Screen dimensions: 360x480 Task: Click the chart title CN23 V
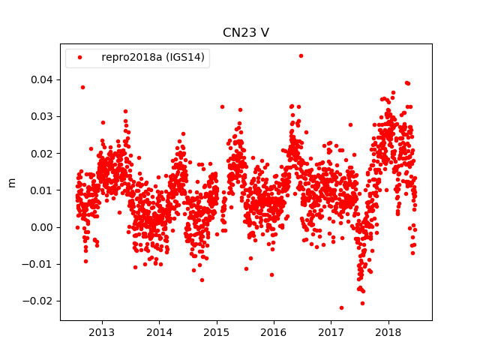(x=245, y=33)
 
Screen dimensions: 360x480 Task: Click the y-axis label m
(x=11, y=182)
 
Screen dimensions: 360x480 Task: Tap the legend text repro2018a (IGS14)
(x=154, y=57)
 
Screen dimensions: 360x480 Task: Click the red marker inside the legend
(x=81, y=57)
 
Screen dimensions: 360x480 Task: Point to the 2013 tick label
(x=102, y=332)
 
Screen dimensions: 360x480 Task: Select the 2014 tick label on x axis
(x=159, y=332)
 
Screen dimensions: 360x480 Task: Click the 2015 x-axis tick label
(x=217, y=332)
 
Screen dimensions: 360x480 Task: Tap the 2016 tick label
(x=274, y=332)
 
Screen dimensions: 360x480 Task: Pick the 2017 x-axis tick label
(x=331, y=332)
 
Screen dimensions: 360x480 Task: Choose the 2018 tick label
(x=388, y=332)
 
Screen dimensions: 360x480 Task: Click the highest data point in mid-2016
(x=301, y=55)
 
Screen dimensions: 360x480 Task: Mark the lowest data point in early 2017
(x=341, y=307)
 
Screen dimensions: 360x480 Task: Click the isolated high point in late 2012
(x=82, y=87)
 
